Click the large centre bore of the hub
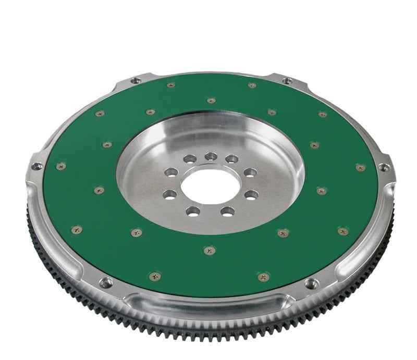pos(211,185)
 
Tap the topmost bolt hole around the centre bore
pos(211,156)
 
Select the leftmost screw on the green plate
pos(61,166)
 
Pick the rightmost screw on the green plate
pos(360,167)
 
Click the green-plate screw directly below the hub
pos(210,251)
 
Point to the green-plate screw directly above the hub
pos(211,100)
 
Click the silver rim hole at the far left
pos(36,167)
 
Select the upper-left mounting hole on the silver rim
pos(135,81)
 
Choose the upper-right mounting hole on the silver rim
pos(287,81)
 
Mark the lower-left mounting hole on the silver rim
pos(106,282)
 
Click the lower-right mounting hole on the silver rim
pos(311,284)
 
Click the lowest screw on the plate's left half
pos(155,276)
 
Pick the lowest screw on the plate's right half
pos(264,277)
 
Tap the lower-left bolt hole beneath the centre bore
pos(193,211)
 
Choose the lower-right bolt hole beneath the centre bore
pos(228,211)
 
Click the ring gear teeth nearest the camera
pos(208,339)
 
